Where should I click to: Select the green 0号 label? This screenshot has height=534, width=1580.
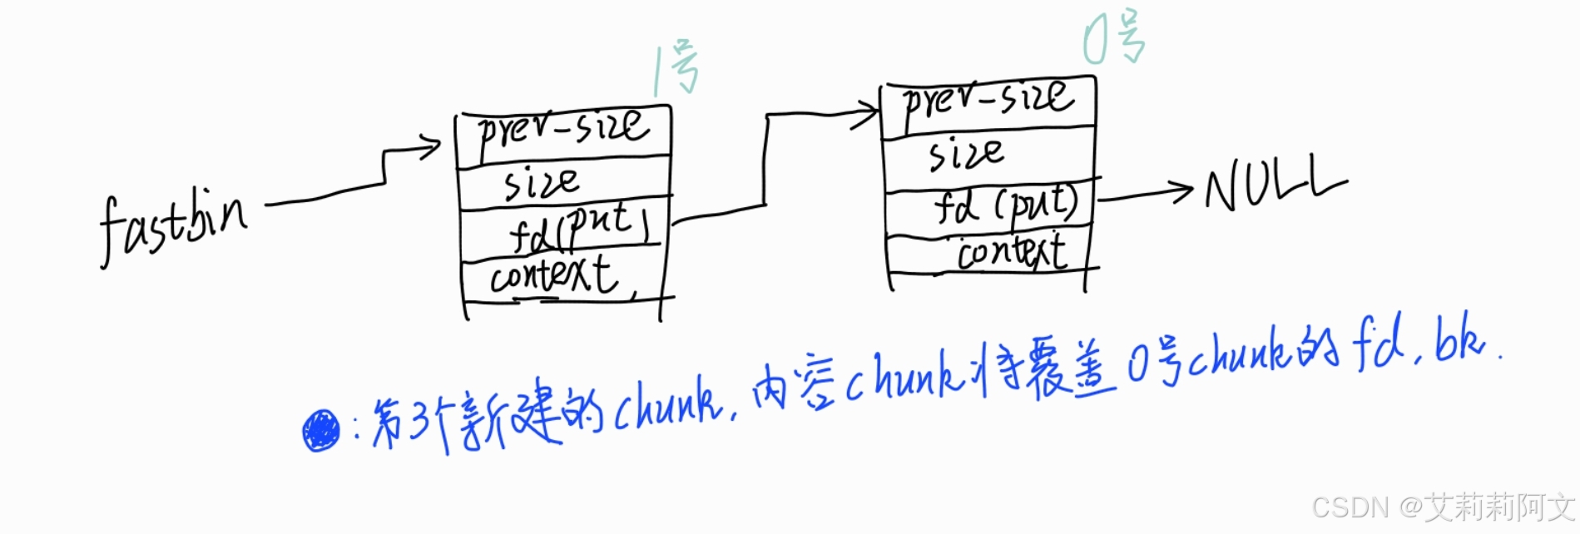coord(1114,40)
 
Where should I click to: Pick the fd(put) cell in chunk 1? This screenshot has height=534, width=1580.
coord(579,228)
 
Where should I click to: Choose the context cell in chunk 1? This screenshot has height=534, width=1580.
coord(554,275)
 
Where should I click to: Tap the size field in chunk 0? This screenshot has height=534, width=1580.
coord(966,154)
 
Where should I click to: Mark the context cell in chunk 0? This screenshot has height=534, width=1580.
coord(1011,252)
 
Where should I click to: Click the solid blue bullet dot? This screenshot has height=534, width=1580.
coord(320,431)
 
